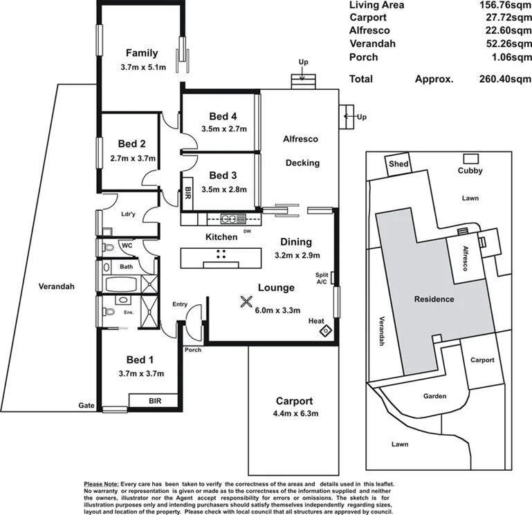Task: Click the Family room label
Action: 141,53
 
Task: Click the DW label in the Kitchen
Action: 247,231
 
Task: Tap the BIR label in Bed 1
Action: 154,400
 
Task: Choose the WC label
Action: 127,245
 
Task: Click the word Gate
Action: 86,406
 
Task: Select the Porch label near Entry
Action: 193,350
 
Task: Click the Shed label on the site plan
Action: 398,164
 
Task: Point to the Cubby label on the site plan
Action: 470,171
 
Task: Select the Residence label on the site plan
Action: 434,299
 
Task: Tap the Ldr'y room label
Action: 127,214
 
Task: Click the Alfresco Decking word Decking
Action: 302,163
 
